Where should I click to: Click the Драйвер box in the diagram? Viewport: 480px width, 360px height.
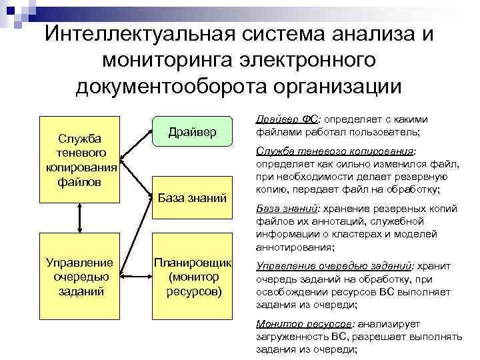click(x=192, y=132)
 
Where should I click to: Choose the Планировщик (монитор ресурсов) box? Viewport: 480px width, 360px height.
click(x=192, y=275)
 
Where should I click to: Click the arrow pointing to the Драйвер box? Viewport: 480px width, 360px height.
click(x=137, y=141)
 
